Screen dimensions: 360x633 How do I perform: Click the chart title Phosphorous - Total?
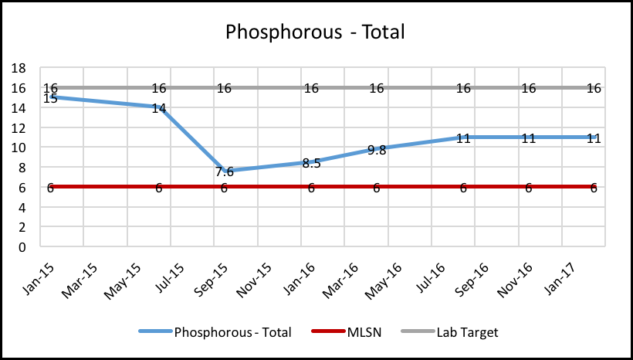pyautogui.click(x=315, y=32)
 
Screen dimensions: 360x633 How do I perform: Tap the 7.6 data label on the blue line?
pyautogui.click(x=224, y=172)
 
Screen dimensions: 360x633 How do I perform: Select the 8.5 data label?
pyautogui.click(x=311, y=163)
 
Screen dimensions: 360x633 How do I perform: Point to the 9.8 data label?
pyautogui.click(x=377, y=150)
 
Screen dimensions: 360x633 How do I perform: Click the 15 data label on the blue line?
pyautogui.click(x=50, y=99)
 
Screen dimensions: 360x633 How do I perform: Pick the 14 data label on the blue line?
pyautogui.click(x=159, y=109)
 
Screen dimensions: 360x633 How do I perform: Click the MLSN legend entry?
pyautogui.click(x=355, y=332)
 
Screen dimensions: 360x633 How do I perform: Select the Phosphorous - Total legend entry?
pyautogui.click(x=232, y=332)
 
